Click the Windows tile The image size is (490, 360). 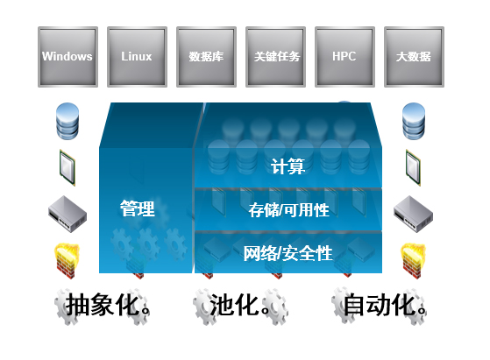pos(67,57)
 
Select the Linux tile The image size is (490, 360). pos(138,57)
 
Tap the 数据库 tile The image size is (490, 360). pos(206,57)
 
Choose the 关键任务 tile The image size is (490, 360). pos(275,57)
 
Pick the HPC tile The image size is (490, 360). pos(344,57)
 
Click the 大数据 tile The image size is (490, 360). pos(414,57)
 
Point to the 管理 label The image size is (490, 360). pos(138,208)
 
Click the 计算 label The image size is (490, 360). pos(288,166)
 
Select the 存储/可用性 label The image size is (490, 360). pos(289,210)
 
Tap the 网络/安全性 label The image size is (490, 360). pos(288,253)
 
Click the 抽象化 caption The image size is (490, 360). pos(108,305)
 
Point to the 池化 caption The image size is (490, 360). pos(240,305)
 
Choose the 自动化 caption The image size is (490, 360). pos(385,305)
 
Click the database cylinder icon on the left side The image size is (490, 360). pos(67,121)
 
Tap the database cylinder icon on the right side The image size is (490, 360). pos(414,121)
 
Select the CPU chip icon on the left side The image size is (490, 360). pos(67,167)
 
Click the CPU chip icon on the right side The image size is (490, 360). pos(414,167)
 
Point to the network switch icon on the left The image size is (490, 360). pos(67,215)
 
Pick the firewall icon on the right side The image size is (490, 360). pos(413,261)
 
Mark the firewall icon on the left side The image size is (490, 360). pos(67,261)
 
